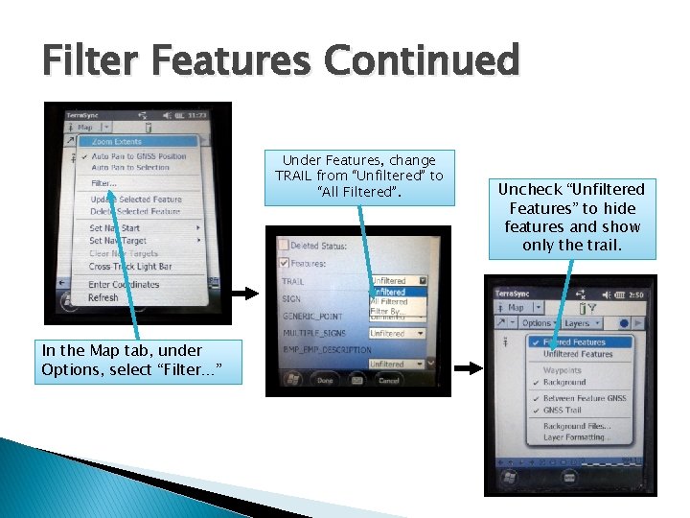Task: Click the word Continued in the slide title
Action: tap(421, 60)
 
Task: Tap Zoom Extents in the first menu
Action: tap(117, 142)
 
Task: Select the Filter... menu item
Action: tap(104, 182)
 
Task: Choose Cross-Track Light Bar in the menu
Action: tap(130, 266)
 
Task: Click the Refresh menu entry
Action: tap(103, 297)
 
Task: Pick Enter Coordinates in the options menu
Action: tap(124, 284)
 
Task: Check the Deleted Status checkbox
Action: tap(283, 246)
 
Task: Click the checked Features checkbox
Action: tap(283, 262)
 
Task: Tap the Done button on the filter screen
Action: tap(325, 380)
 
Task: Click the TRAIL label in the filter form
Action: tap(292, 281)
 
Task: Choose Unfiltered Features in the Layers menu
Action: tap(578, 354)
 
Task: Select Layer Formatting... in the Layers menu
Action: tap(577, 437)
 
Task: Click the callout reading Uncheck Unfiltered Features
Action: tap(572, 217)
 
